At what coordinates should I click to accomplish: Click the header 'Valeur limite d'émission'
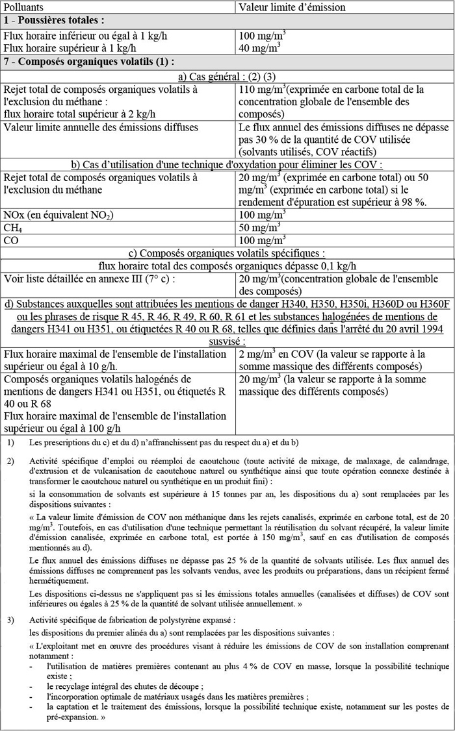click(x=292, y=7)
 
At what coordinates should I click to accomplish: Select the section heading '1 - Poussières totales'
click(x=54, y=21)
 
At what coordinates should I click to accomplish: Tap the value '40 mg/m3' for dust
click(x=259, y=47)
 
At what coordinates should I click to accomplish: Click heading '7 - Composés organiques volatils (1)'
click(x=89, y=62)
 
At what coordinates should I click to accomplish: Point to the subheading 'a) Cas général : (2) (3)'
click(x=227, y=77)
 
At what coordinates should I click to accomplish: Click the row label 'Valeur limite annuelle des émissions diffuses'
click(x=101, y=127)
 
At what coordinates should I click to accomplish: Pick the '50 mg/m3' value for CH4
click(x=259, y=227)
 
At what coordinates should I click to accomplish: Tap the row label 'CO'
click(x=11, y=240)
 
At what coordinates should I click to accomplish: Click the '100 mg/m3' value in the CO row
click(x=262, y=240)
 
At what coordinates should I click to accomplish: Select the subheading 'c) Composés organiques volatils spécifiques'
click(x=227, y=253)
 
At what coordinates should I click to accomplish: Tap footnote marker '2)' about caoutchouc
click(x=11, y=462)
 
